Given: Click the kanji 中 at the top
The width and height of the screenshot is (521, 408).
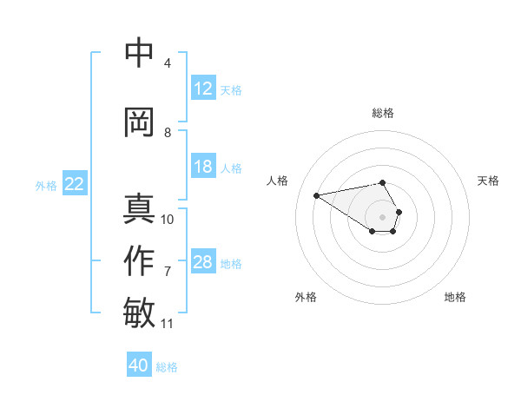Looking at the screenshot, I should pos(140,54).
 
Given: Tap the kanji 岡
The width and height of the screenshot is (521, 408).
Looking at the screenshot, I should pos(140,122).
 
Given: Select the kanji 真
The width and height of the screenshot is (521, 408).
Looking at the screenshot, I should pos(140,209).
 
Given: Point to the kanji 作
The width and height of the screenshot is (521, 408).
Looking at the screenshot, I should pos(140,260).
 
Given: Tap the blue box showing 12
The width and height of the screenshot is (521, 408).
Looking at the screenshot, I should pos(203,89).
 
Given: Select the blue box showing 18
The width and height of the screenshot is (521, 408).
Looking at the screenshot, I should pos(203,167).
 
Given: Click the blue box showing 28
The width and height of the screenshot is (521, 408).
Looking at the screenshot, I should pos(203,263).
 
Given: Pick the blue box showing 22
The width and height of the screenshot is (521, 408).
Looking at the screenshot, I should pos(75,184).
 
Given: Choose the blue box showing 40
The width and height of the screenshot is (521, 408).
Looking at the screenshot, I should pos(139,365).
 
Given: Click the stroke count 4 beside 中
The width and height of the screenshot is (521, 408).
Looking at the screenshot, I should pos(168,63).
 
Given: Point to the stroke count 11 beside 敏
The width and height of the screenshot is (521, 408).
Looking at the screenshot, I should pos(168,324).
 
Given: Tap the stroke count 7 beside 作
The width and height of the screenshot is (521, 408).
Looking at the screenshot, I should pos(168,272).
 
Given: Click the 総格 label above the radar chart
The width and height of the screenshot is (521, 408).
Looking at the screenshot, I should pos(383,113).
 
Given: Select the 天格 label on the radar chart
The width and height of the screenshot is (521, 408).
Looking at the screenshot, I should pos(488,181).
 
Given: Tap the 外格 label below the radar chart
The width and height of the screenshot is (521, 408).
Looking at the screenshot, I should pos(306,297).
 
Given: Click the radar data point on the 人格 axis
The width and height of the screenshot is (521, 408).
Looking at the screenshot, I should pos(317,194).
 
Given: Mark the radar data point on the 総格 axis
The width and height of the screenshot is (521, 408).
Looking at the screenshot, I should pos(383,182).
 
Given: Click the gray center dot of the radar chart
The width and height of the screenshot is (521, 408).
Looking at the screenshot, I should pos(383,216).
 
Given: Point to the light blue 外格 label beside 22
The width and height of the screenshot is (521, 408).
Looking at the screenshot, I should pos(46,185).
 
